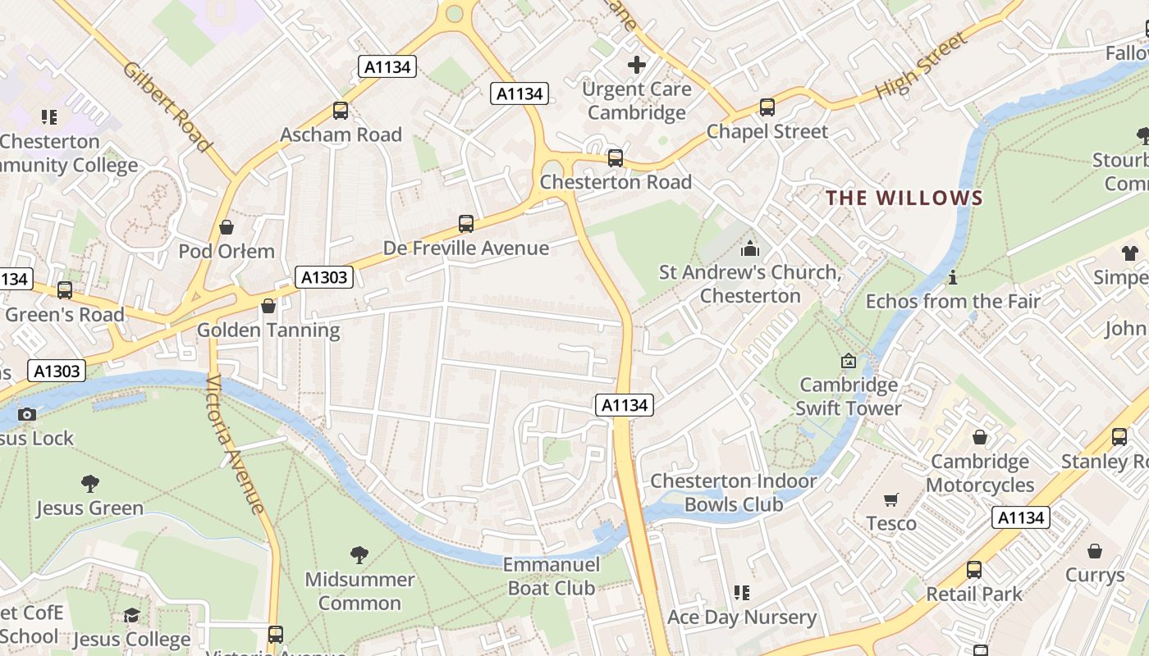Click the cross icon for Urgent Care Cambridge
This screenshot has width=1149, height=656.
coord(637,64)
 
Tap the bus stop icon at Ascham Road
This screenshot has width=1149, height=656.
coord(340,110)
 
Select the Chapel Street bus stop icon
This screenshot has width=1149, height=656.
coord(767,107)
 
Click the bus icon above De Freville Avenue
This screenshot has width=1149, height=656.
coord(466,223)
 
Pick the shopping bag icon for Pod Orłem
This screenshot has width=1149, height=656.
coord(227,227)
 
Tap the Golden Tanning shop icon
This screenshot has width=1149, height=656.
coord(268,306)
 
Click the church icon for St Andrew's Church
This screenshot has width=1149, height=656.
coord(749,248)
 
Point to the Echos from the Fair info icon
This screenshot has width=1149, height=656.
coord(952,278)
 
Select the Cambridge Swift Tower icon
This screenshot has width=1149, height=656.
coord(849,361)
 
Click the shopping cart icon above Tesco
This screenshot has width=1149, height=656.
coord(891,499)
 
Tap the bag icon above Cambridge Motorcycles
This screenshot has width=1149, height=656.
coord(979,438)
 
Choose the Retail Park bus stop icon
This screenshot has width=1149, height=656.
coord(974,569)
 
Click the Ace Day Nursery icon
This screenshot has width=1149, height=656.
coord(742,593)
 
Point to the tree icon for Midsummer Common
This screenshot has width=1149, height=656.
coord(359,555)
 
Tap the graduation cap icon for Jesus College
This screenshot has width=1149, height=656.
coord(131,615)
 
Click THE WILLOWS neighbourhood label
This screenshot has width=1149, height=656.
coord(904,198)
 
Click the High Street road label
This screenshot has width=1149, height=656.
coord(922,66)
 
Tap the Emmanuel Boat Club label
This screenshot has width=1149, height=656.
coord(552,576)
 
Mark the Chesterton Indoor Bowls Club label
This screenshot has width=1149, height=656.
coord(734,492)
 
